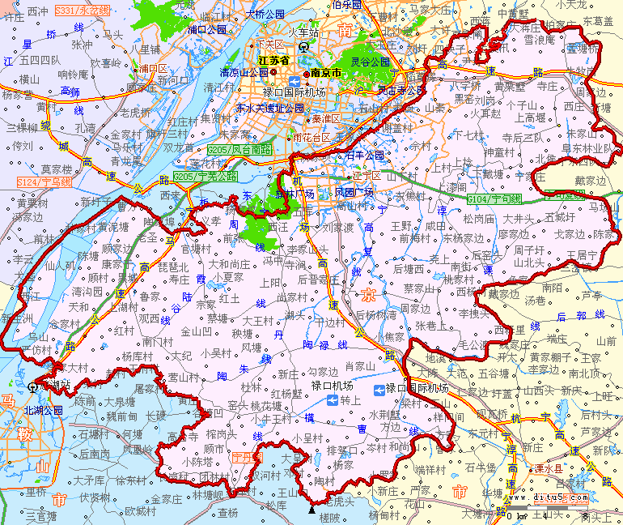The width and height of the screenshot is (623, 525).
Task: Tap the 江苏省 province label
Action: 273,60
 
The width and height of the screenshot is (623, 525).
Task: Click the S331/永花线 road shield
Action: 82,11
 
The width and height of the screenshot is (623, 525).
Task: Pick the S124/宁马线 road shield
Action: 44,182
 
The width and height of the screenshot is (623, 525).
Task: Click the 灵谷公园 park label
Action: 370,62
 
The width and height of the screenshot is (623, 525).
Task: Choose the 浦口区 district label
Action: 152,68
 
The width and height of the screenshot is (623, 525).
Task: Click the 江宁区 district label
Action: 366,174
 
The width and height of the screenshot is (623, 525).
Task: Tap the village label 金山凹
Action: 196,331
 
